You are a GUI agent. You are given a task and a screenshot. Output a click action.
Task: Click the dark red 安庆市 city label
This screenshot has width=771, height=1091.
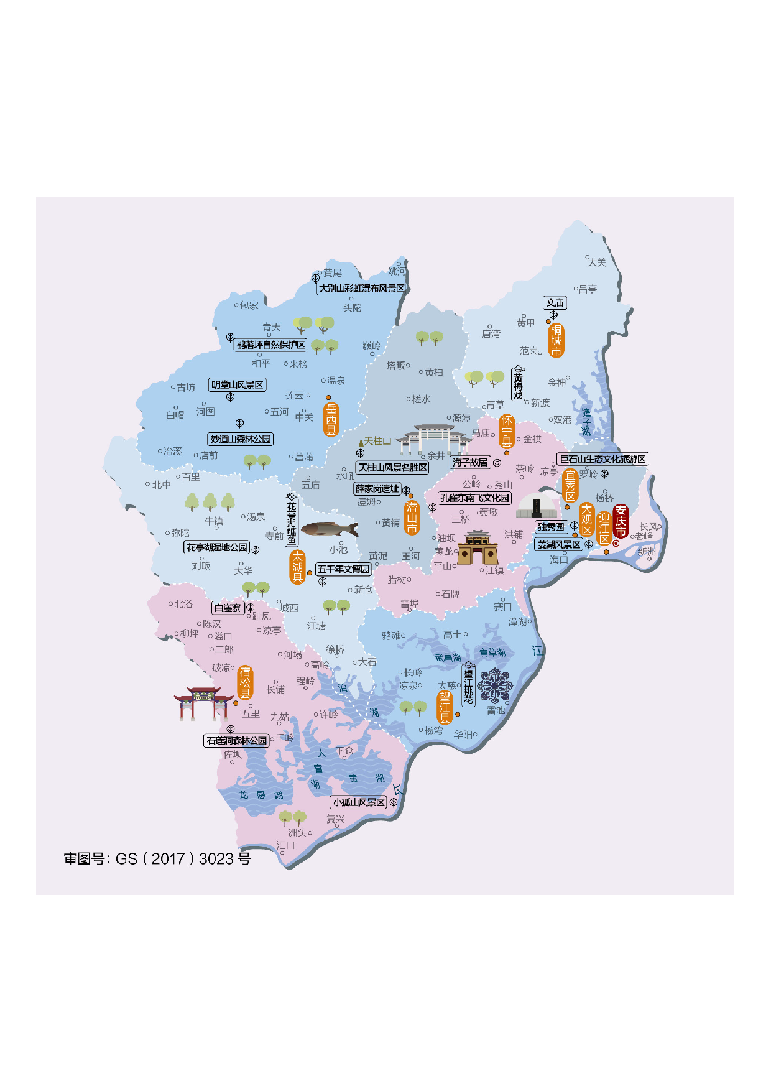coord(621,521)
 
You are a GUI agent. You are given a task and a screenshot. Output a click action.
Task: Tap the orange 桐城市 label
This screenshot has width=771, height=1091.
coord(556,340)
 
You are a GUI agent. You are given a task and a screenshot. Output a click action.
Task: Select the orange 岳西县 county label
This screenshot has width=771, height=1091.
coord(331,419)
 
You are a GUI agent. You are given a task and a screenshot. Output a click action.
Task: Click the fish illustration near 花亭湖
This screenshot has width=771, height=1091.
coord(330,529)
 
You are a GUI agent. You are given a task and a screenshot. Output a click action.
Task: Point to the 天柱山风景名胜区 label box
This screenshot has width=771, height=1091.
coord(392,467)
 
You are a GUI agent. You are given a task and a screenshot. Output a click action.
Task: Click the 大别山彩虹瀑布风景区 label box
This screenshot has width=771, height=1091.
coord(361,289)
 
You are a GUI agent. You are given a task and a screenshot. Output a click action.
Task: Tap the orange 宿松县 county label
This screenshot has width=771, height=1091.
coord(245,682)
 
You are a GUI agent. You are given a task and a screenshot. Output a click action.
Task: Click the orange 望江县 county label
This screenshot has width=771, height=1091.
coord(445,707)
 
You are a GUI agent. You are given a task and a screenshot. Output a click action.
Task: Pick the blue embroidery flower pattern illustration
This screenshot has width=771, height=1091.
coord(495,685)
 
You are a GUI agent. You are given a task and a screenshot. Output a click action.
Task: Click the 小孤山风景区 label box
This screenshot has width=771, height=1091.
coord(358,802)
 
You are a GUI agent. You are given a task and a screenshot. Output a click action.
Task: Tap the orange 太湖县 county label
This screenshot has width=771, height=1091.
coord(298,567)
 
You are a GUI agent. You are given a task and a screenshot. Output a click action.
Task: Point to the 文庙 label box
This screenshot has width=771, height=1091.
coord(555,303)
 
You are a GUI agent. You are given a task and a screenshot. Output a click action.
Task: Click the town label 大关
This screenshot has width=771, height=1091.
coord(596,262)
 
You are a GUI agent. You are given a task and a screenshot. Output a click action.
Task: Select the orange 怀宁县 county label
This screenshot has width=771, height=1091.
coord(507,431)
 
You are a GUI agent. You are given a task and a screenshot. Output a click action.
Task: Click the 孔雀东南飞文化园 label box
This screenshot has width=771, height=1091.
coord(474,498)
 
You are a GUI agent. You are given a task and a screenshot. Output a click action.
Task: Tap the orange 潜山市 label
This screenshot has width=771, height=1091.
coord(412,518)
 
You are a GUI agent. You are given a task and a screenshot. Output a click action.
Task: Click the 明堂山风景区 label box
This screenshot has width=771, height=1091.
coord(237,384)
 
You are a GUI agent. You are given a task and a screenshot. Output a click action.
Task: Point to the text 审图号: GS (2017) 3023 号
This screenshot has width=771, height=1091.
coord(157,859)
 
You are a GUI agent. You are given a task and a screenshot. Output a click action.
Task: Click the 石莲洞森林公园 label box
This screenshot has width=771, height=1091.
coord(236,741)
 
